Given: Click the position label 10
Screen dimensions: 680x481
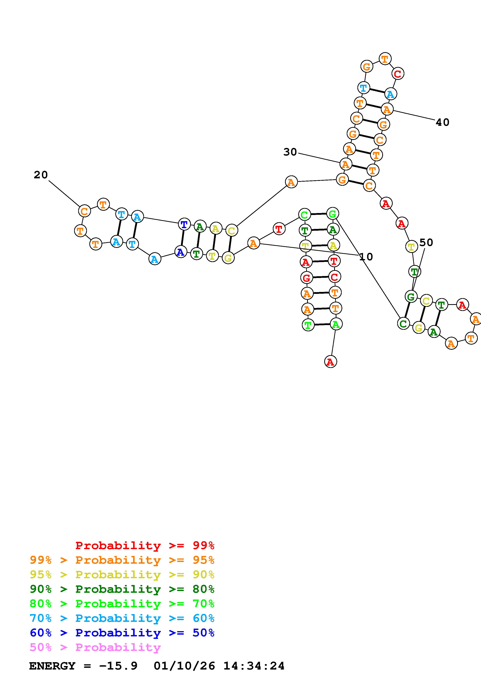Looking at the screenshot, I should coord(366,257).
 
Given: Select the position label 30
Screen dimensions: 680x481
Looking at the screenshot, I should coord(290,152).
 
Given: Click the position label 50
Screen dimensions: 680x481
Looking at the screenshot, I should coord(426,242).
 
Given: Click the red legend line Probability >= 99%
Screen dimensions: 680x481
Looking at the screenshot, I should coord(145,545).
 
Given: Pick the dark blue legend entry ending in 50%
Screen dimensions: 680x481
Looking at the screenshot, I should coord(122,633).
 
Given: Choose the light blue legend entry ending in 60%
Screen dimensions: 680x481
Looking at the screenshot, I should coord(122,618).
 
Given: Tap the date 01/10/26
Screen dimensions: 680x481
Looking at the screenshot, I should coord(184,666).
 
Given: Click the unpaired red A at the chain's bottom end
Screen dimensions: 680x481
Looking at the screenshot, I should coord(330,362).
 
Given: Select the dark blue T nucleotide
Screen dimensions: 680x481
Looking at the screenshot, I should coord(184,224).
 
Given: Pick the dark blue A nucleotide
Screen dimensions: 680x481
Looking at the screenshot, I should coord(180,252).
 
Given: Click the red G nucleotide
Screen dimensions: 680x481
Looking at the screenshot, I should coord(306,278).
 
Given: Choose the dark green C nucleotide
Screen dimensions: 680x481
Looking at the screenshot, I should coord(403,323).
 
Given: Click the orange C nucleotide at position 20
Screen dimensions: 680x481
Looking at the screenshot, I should coord(84,211).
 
